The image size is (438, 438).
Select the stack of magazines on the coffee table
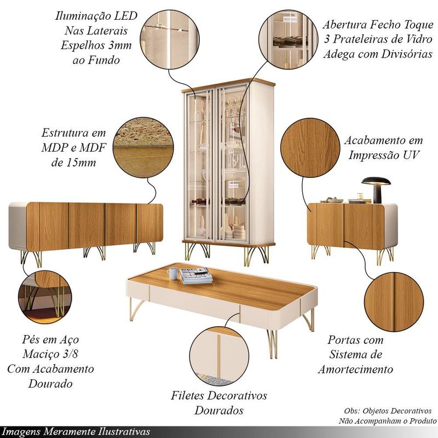[x=195, y=275]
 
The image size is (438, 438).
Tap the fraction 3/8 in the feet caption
[x=71, y=354]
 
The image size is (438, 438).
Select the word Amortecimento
[x=355, y=369]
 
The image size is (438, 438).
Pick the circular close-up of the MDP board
[x=143, y=147]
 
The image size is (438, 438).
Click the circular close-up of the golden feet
[x=45, y=296]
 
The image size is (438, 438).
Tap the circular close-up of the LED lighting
[x=169, y=39]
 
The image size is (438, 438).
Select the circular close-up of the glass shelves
[x=289, y=39]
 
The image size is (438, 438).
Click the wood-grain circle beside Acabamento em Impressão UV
[x=310, y=147]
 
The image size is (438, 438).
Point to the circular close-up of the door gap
[x=394, y=302]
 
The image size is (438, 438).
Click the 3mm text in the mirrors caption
[x=119, y=45]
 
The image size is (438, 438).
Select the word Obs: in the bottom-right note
[x=352, y=411]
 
